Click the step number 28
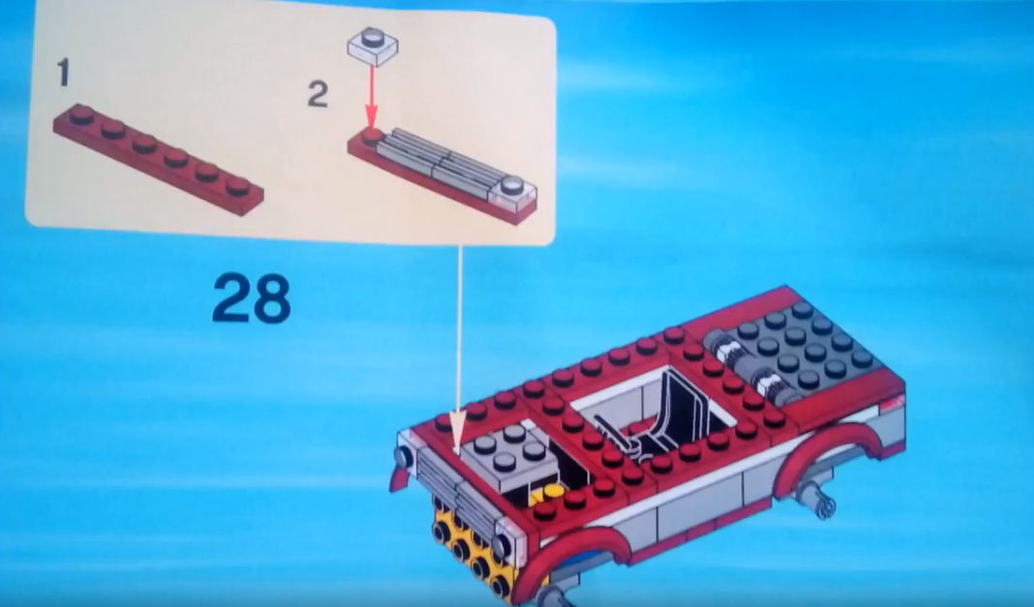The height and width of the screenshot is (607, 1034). pos(252,298)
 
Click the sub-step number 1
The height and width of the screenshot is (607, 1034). pos(63,74)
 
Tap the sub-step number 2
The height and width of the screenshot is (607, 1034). pos(318,94)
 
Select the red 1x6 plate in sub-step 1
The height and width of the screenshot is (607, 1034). pos(158,159)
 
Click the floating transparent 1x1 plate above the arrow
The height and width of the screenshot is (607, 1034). pos(373,46)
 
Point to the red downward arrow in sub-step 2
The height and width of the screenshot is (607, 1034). pos(371,96)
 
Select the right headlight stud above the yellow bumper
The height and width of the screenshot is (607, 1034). pos(502,546)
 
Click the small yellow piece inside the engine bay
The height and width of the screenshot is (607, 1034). pos(547,496)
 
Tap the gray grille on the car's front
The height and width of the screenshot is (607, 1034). pos(456,487)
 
